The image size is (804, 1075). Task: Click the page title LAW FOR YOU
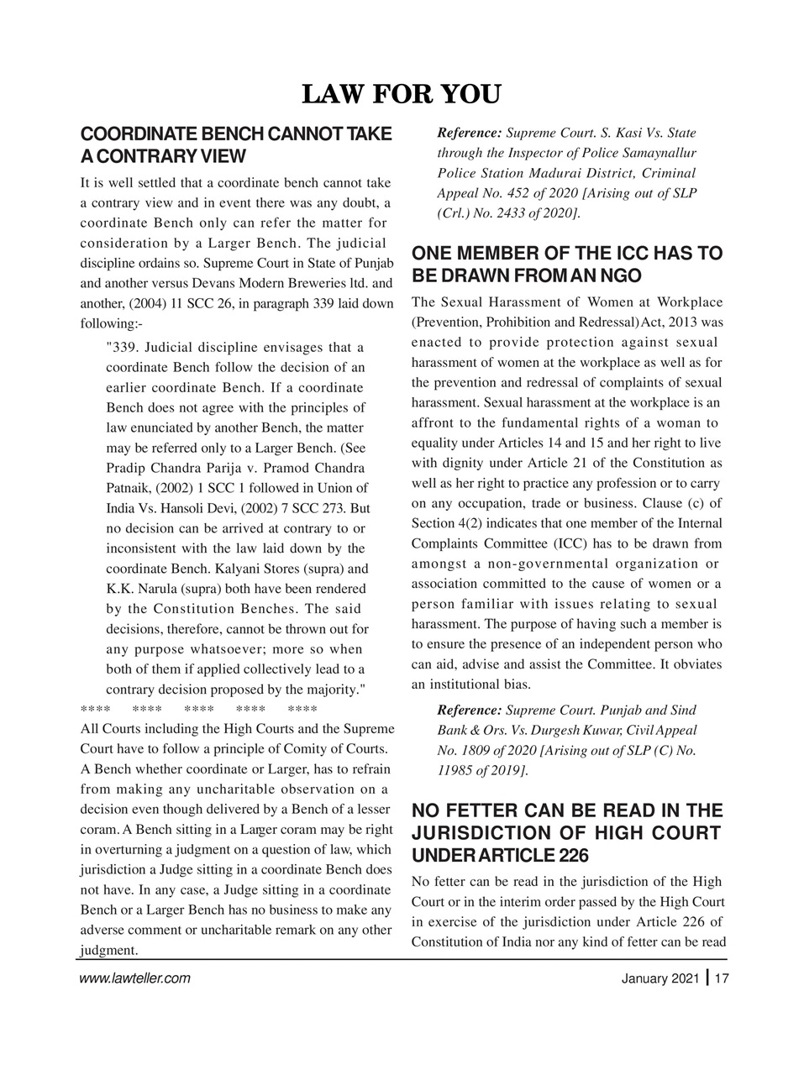[401, 94]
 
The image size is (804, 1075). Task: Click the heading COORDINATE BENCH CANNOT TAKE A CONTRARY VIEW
[235, 144]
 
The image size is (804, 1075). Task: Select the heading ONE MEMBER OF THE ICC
[566, 265]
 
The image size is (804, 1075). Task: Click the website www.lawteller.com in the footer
[134, 978]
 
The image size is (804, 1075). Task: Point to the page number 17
[722, 978]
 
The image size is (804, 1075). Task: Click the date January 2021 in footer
[659, 978]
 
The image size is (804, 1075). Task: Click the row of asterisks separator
[198, 708]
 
